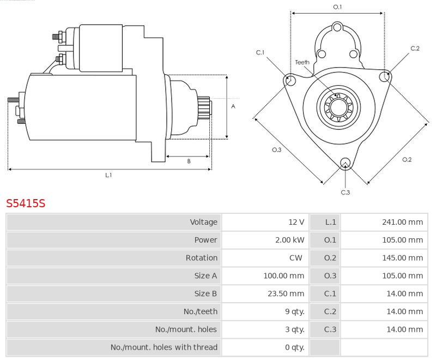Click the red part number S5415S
coord(26,204)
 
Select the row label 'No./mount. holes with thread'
coord(163,347)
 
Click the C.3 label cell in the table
coord(330,329)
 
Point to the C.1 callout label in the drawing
coord(261,52)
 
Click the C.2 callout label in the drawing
coord(415,49)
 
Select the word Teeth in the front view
coord(302,62)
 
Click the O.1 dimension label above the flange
coord(337,7)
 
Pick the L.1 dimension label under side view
coord(108,175)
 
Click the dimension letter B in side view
coord(189,161)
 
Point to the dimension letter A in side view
coord(233,106)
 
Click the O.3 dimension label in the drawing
coord(276,150)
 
